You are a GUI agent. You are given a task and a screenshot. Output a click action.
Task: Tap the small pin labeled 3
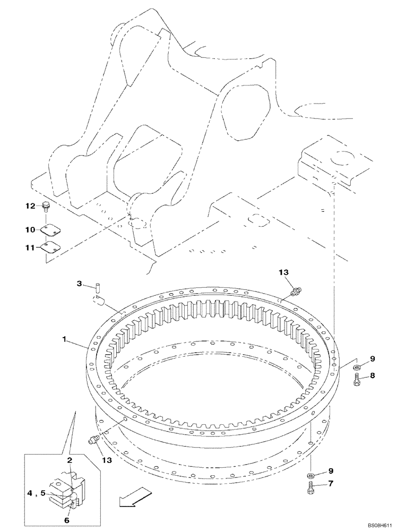pyautogui.click(x=99, y=288)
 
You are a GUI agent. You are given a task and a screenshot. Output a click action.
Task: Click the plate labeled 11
pyautogui.click(x=50, y=246)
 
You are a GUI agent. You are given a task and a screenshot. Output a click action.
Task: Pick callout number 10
pyautogui.click(x=30, y=229)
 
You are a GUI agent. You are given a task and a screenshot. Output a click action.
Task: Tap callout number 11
pyautogui.click(x=30, y=247)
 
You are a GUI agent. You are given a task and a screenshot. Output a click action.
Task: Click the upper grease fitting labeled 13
pyautogui.click(x=296, y=289)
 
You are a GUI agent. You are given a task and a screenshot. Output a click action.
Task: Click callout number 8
pyautogui.click(x=372, y=375)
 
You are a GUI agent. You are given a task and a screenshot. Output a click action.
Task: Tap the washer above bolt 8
pyautogui.click(x=357, y=367)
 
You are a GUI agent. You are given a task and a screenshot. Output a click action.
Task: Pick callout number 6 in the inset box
pyautogui.click(x=67, y=520)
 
